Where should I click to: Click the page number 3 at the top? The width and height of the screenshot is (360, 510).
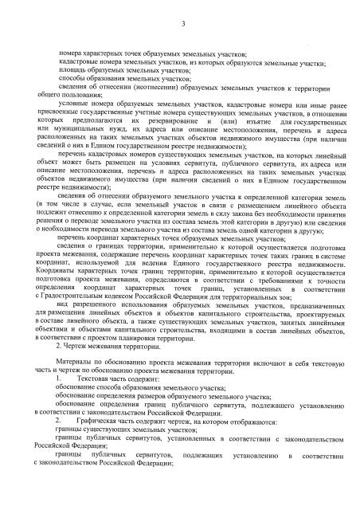point(182,29)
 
